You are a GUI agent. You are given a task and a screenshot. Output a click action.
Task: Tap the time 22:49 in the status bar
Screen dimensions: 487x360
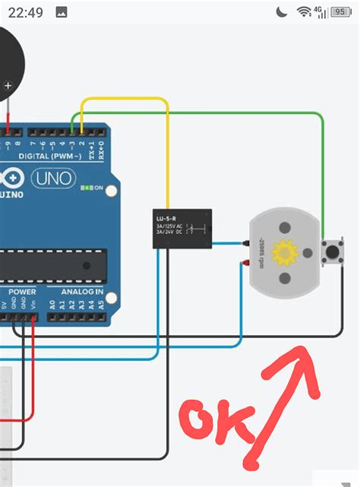pyautogui.click(x=26, y=12)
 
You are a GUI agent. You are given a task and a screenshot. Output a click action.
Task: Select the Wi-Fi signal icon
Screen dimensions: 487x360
pyautogui.click(x=304, y=12)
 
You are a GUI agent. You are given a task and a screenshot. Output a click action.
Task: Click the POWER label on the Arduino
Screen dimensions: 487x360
pyautogui.click(x=22, y=292)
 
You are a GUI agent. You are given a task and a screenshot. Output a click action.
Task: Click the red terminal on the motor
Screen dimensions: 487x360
pyautogui.click(x=246, y=262)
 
